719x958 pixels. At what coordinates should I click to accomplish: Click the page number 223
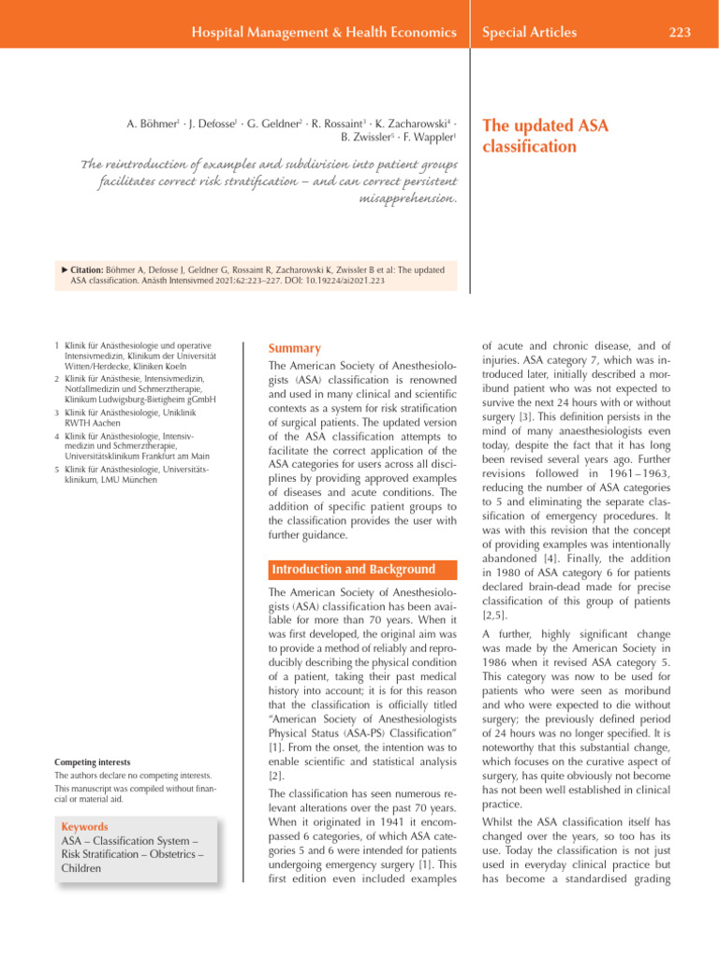[x=680, y=33]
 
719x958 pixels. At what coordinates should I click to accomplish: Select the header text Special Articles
[x=529, y=33]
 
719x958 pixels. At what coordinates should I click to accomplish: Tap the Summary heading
[x=295, y=347]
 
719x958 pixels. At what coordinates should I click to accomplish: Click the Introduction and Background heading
[x=354, y=570]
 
